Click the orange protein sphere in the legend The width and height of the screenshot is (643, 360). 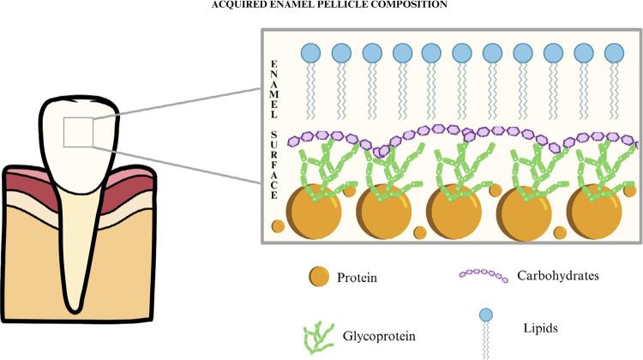tap(319, 278)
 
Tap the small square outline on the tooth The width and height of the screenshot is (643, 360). tap(78, 131)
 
